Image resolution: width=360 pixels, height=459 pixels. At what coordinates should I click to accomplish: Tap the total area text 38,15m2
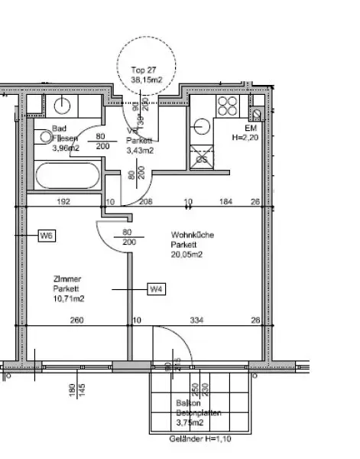(147, 78)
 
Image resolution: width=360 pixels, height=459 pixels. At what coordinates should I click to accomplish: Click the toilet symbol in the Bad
(47, 138)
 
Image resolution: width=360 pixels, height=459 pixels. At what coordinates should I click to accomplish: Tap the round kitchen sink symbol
(203, 125)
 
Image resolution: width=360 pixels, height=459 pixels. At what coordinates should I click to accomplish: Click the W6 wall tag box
(47, 237)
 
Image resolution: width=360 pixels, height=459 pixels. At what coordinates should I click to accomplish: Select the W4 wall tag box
(157, 288)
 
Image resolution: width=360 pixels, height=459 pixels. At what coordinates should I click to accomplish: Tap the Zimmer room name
(67, 279)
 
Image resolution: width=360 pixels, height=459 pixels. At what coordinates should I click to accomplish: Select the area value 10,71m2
(68, 298)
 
